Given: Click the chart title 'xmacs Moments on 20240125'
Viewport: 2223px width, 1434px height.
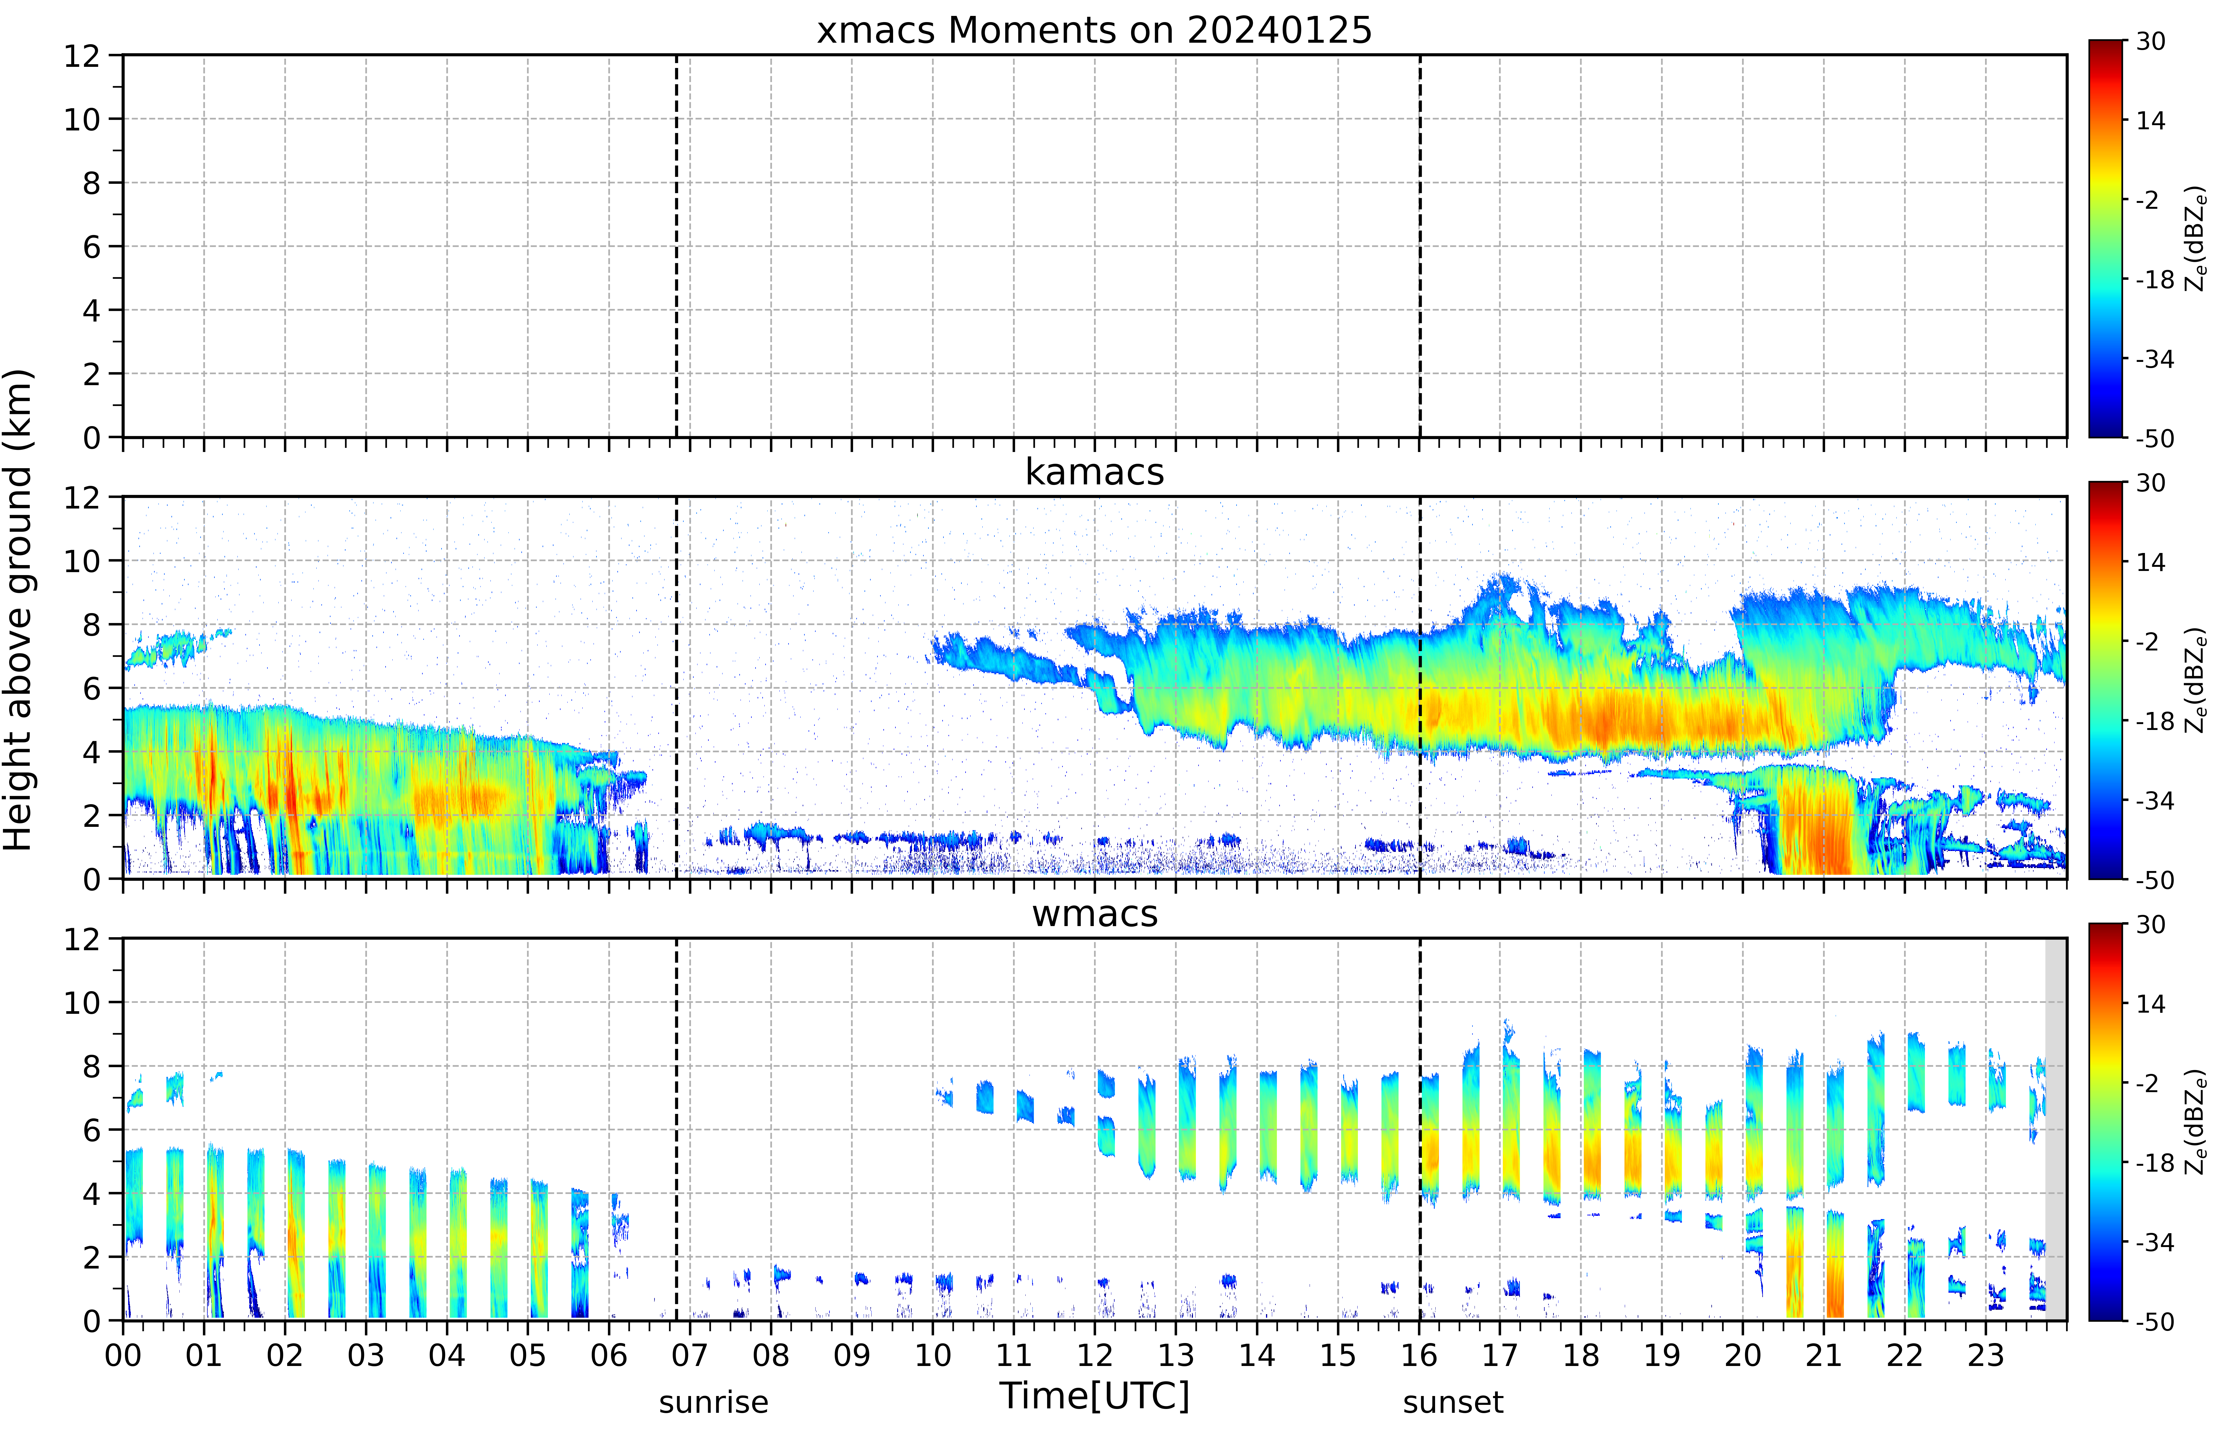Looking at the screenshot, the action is (x=1094, y=31).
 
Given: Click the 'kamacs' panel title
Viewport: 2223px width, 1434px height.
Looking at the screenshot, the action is (x=1094, y=472).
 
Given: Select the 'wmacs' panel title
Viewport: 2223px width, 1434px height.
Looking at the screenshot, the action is (x=1094, y=913).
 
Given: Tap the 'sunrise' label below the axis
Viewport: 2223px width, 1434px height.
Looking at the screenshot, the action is (x=713, y=1402).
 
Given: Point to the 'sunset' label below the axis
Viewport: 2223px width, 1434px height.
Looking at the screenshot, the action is (x=1453, y=1402).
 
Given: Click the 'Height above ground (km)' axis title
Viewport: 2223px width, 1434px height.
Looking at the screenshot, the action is (x=19, y=610).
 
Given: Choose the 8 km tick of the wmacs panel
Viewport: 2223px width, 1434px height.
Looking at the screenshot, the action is (x=91, y=1066).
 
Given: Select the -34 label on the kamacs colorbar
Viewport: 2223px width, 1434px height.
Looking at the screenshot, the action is (x=2154, y=801).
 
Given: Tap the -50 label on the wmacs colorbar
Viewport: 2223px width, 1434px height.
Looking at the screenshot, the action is (x=2154, y=1321).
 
